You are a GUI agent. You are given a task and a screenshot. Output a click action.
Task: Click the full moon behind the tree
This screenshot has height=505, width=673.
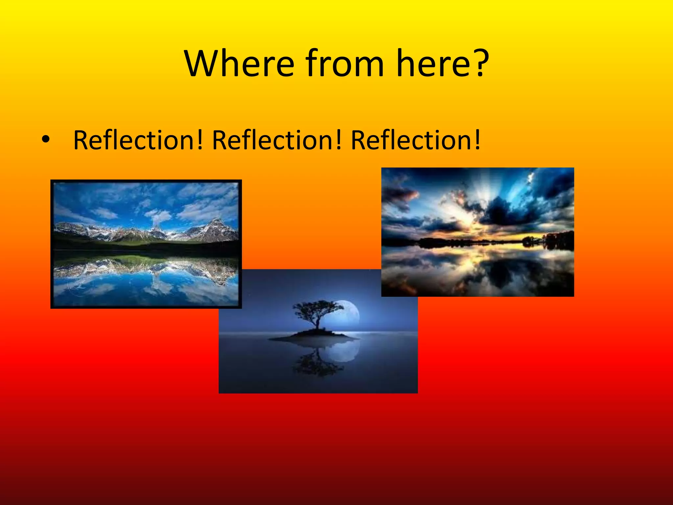(348, 314)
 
